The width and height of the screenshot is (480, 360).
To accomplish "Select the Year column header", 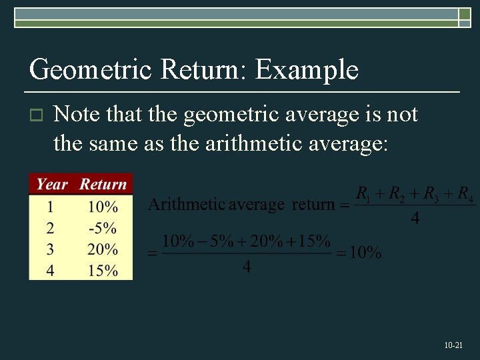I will pos(53,184).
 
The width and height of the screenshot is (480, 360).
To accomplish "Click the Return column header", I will pos(103,184).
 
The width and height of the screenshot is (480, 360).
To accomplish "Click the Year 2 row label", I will pos(51,228).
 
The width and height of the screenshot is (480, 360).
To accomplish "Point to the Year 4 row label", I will pos(51,271).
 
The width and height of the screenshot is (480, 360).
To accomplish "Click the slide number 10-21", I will pos(453,345).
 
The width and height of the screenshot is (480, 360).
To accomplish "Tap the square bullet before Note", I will pos(37,116).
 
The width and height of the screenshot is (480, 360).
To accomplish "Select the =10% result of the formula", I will pos(359,253).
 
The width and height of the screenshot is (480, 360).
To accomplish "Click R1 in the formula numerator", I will pos(363,195).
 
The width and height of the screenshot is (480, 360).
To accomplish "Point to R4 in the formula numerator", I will pos(466,195).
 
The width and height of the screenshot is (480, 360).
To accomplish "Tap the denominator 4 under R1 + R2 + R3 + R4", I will pos(415,218).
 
